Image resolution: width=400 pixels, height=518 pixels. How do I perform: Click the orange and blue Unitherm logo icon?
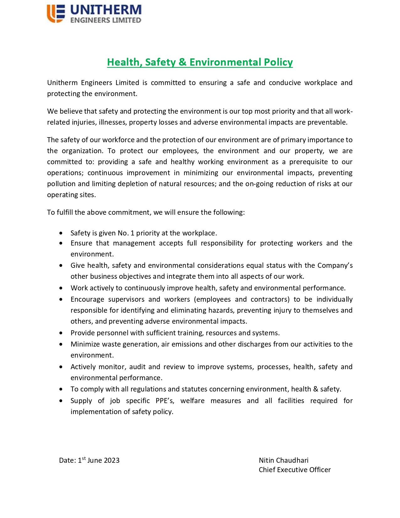click(x=56, y=13)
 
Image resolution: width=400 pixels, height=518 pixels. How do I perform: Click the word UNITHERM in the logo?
click(x=106, y=10)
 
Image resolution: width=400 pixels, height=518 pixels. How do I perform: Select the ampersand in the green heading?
click(x=182, y=62)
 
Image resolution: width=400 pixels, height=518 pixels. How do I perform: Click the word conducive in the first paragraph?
click(x=285, y=83)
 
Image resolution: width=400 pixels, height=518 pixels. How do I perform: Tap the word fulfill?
click(x=64, y=212)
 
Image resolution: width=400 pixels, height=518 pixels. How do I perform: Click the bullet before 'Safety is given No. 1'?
click(x=61, y=233)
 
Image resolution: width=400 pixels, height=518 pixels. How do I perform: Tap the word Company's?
click(x=335, y=265)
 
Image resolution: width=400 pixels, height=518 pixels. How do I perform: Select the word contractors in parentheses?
click(x=270, y=299)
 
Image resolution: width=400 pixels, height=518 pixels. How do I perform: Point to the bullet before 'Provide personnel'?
click(x=61, y=333)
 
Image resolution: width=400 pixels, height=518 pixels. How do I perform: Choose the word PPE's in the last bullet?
click(x=165, y=401)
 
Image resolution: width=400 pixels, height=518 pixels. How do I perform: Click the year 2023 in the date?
click(x=111, y=460)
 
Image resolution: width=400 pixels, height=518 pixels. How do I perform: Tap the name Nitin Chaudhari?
click(x=283, y=460)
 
